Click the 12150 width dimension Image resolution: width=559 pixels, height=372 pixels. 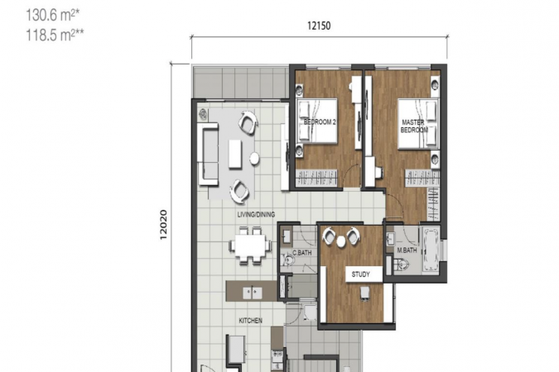click(x=319, y=26)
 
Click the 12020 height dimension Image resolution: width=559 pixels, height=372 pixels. click(x=163, y=225)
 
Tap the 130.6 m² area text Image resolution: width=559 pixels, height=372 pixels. click(x=52, y=15)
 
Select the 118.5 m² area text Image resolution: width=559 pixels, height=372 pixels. click(x=55, y=36)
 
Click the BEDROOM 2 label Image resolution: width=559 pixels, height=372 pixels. click(x=320, y=122)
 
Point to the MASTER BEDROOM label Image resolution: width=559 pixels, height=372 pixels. click(x=413, y=126)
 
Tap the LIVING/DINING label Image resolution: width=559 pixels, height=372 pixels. click(x=256, y=215)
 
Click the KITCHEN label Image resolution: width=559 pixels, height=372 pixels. click(x=250, y=321)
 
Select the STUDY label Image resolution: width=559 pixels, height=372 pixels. click(x=360, y=274)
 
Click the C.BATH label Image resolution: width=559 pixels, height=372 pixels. click(x=302, y=253)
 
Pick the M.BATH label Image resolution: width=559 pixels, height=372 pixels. click(x=407, y=250)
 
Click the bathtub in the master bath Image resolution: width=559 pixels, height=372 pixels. click(x=431, y=250)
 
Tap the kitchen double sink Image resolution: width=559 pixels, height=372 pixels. click(x=253, y=293)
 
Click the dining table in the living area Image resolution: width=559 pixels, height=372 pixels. click(x=250, y=246)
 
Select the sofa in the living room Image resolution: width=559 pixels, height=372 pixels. click(x=208, y=154)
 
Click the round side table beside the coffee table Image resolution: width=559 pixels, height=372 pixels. click(x=254, y=159)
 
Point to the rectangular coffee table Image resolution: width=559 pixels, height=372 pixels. click(x=235, y=154)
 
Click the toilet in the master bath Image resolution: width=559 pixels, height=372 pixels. click(x=402, y=265)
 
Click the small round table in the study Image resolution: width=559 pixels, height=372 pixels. click(x=341, y=241)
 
